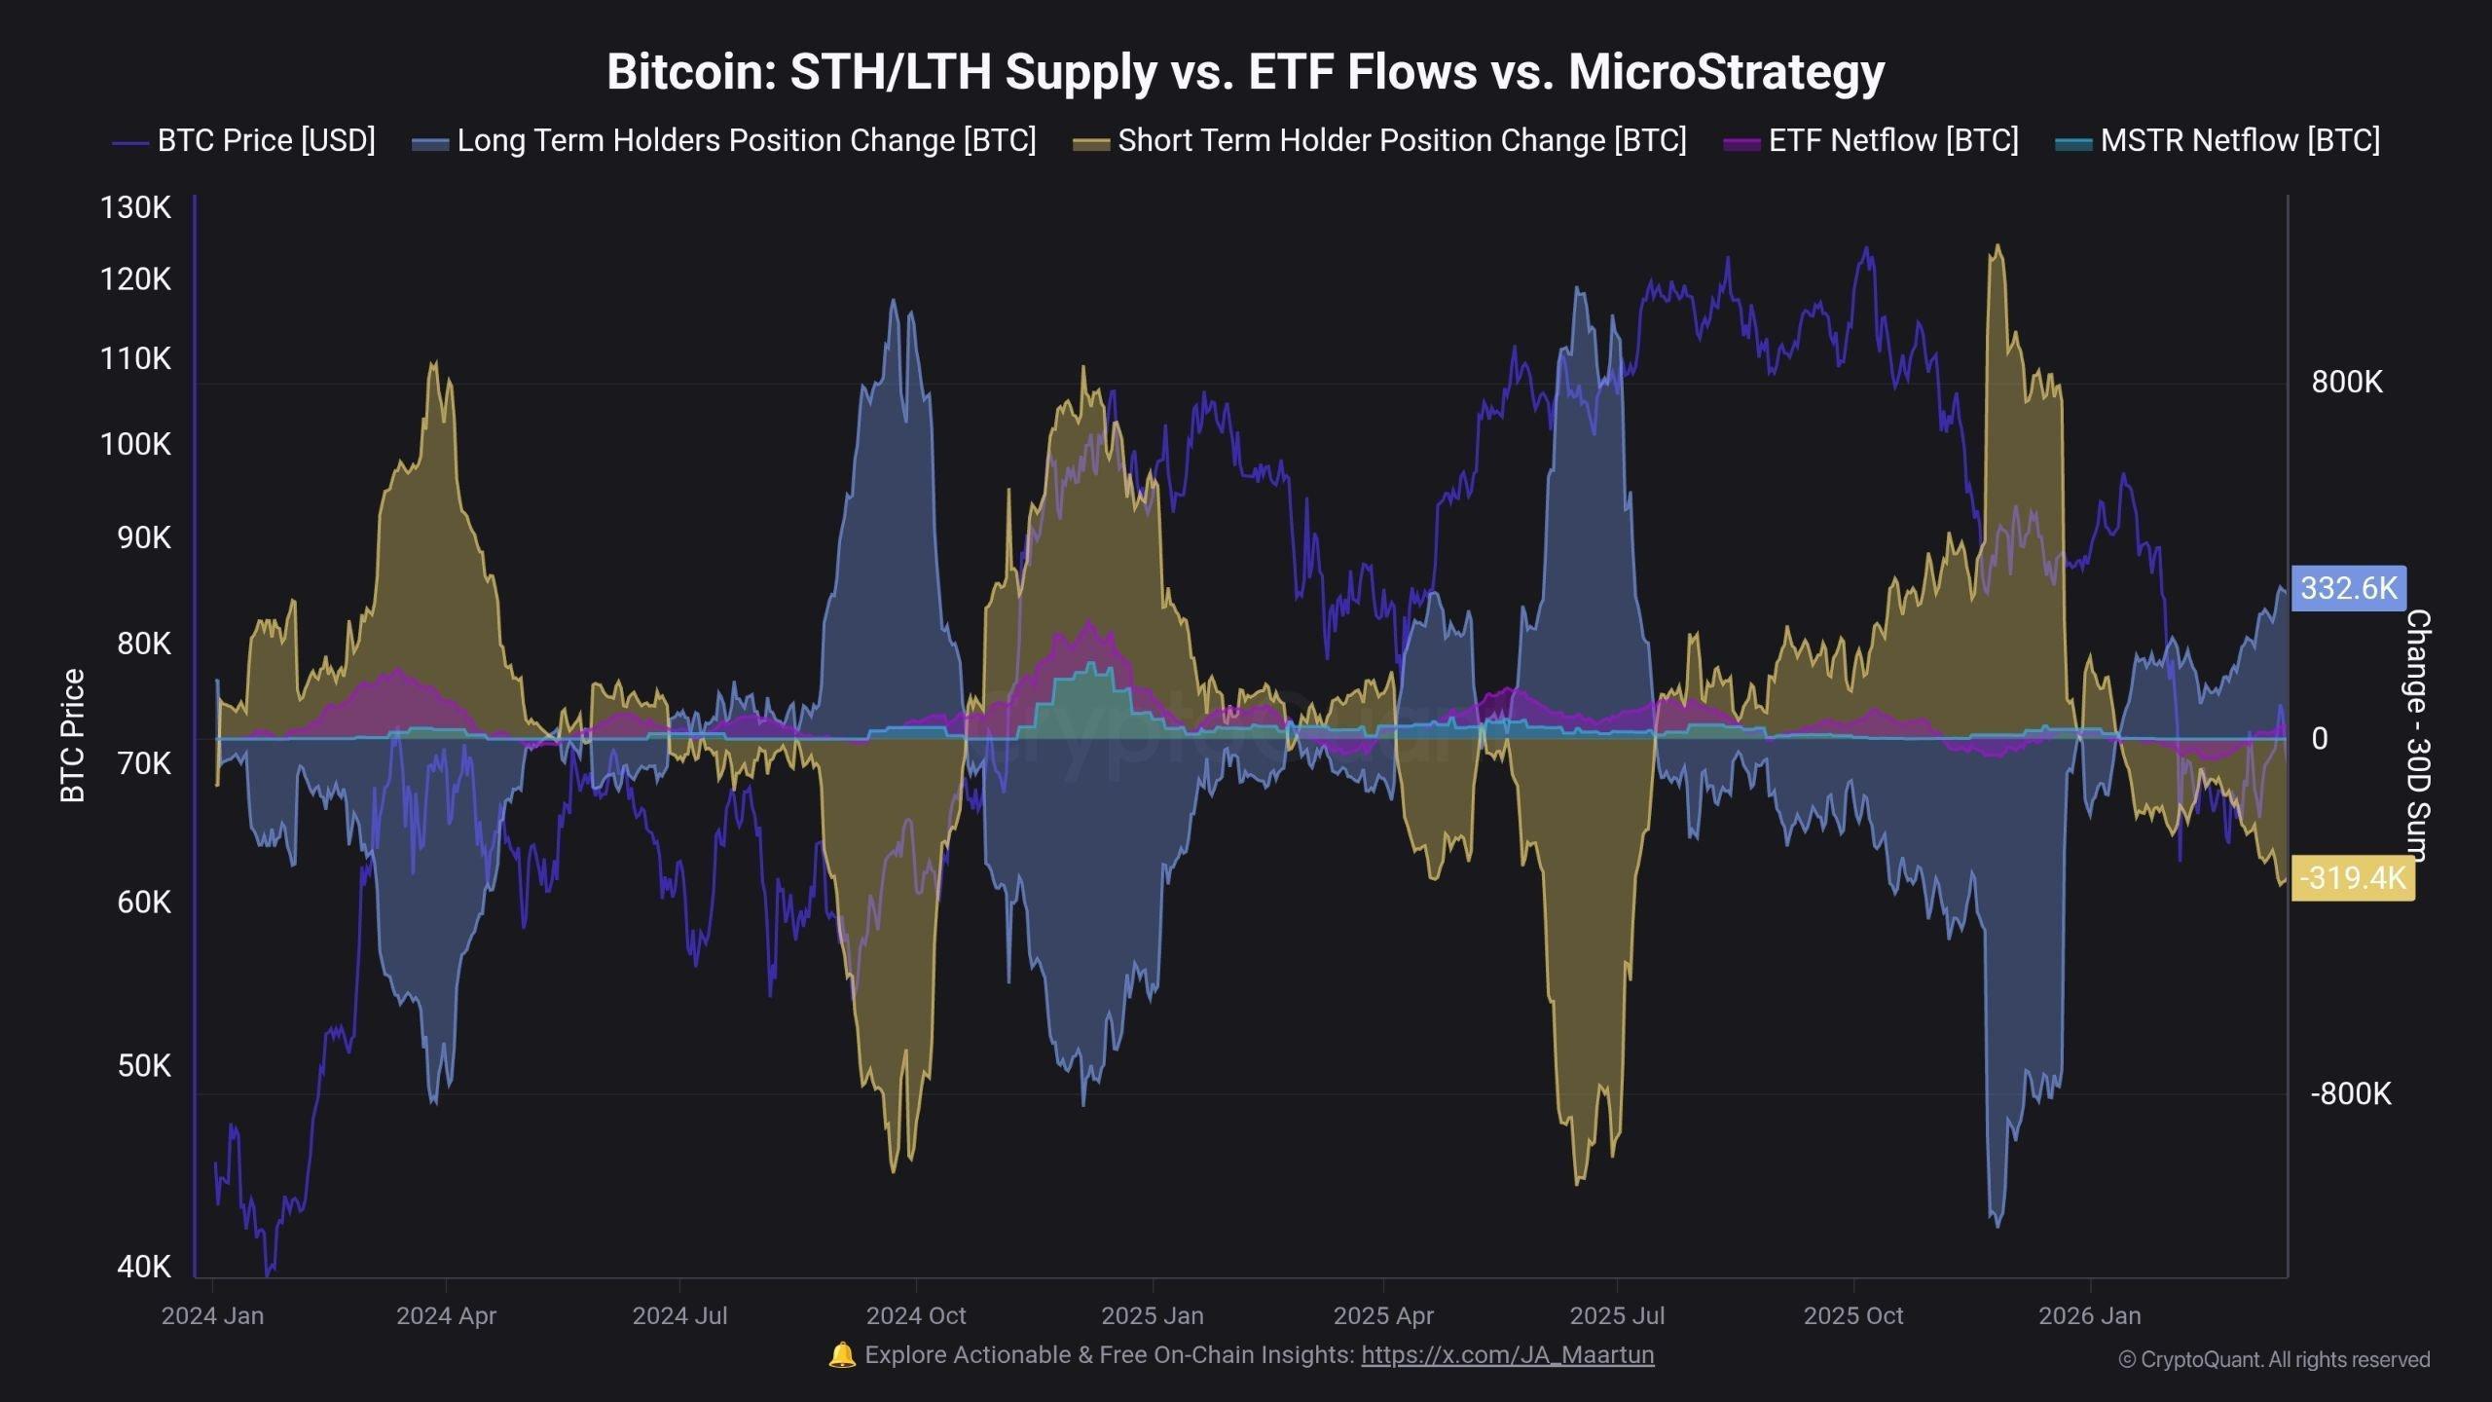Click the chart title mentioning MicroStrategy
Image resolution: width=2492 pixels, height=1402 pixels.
pos(1245,71)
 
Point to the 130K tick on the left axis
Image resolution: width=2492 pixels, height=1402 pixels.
pos(135,207)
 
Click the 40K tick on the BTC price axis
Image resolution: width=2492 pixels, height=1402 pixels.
pos(143,1267)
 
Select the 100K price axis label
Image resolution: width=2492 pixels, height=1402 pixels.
pos(135,445)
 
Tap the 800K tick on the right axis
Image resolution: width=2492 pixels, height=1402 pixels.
pos(2346,382)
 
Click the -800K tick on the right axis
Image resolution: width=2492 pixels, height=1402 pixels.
pos(2350,1093)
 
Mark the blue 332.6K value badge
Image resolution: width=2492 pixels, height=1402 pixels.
pos(2348,588)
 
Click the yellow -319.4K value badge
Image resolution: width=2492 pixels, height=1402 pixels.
pos(2352,878)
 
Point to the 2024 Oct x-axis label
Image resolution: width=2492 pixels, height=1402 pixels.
pos(915,1316)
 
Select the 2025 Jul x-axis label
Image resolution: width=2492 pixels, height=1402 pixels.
pos(1617,1316)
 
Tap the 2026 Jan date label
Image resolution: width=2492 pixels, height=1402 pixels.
pos(2089,1316)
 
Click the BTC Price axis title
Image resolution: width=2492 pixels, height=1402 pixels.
pos(73,736)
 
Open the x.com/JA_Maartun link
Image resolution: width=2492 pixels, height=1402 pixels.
pos(1507,1355)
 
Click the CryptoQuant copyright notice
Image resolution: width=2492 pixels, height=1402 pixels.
pos(2274,1360)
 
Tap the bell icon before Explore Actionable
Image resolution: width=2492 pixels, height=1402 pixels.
pos(841,1355)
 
